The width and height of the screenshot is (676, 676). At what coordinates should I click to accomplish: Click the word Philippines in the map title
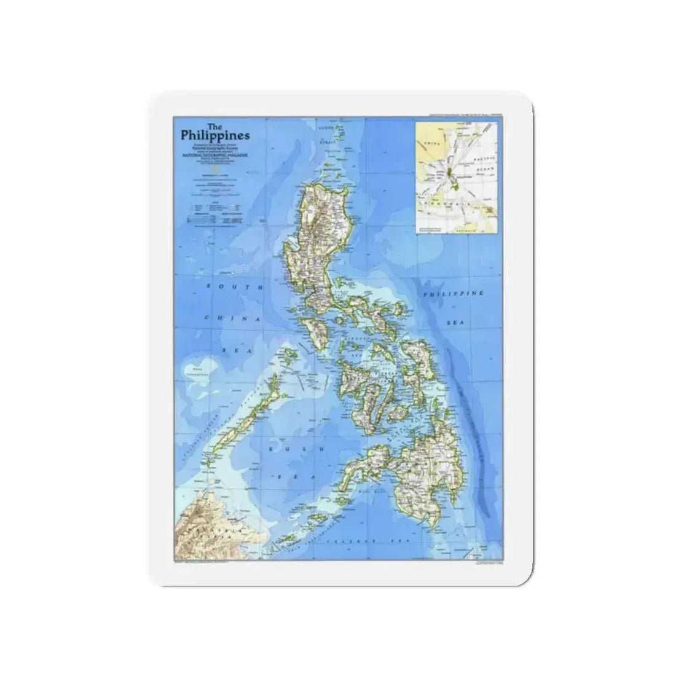click(215, 136)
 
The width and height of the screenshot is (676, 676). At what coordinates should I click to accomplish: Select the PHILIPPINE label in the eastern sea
click(454, 294)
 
